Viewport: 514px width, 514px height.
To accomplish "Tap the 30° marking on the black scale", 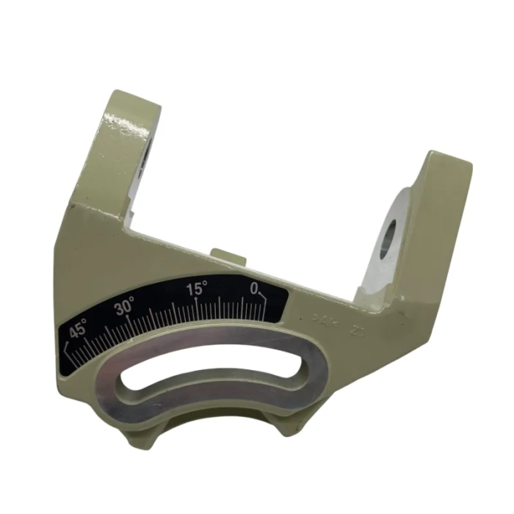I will click(x=125, y=308).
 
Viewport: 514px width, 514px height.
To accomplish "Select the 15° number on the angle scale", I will click(x=197, y=289).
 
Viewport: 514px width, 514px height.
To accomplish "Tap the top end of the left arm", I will click(x=132, y=103).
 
